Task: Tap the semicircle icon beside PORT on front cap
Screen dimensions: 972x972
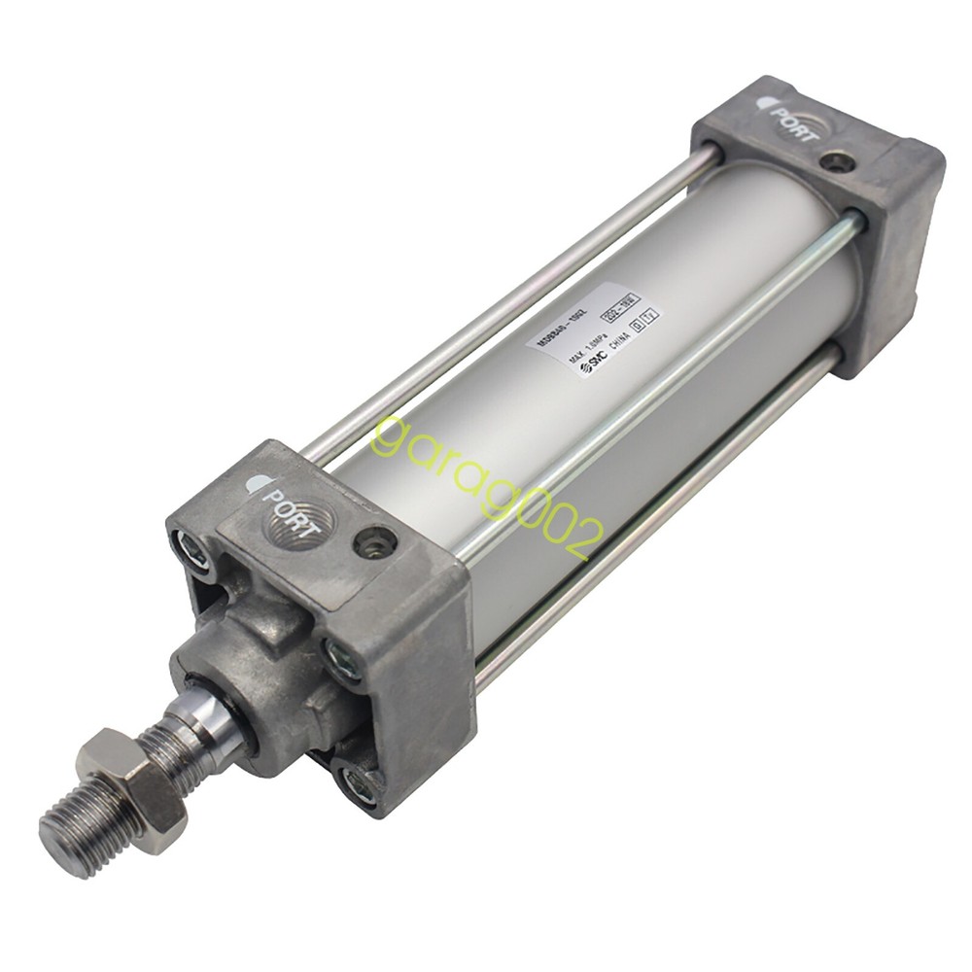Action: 254,483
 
